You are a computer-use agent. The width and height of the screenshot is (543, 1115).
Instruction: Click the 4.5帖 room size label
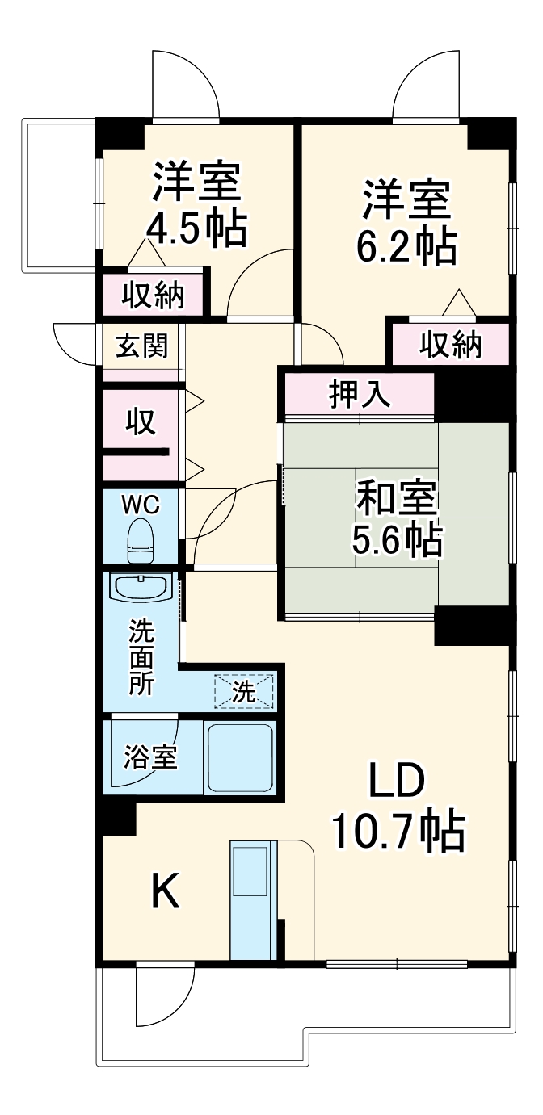click(196, 229)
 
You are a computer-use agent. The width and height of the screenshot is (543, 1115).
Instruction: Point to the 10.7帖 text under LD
click(398, 831)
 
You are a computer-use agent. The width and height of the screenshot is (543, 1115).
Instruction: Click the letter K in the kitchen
click(166, 892)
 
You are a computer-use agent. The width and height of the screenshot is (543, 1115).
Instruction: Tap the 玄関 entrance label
click(142, 346)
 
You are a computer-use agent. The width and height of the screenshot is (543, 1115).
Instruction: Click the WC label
click(141, 505)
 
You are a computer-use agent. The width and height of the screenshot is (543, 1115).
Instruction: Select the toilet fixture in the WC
click(141, 539)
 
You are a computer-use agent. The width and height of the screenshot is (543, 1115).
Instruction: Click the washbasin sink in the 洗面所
click(141, 587)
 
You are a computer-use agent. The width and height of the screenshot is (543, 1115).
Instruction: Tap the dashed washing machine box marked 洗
click(243, 691)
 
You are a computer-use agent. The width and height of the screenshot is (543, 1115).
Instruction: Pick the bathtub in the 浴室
click(240, 757)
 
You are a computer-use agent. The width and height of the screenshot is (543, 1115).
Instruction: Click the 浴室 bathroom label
click(150, 758)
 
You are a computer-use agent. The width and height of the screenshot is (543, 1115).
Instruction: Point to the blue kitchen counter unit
click(253, 899)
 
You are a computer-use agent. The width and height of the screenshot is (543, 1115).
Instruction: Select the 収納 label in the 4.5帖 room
click(154, 296)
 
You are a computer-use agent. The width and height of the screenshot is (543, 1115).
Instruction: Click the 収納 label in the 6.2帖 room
click(450, 346)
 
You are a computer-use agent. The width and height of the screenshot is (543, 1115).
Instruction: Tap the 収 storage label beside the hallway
click(140, 422)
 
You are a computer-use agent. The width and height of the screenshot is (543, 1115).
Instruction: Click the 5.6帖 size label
click(397, 539)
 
